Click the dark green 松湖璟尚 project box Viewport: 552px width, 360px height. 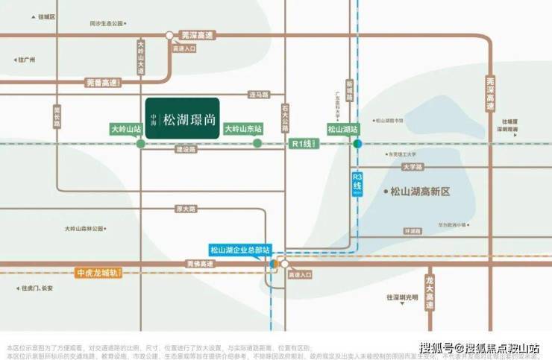click(182, 119)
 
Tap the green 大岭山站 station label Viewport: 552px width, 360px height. click(126, 129)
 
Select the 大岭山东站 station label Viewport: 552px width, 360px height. click(244, 129)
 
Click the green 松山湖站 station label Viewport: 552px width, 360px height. click(343, 129)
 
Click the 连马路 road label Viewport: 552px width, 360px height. click(258, 95)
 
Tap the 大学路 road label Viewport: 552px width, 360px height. click(413, 167)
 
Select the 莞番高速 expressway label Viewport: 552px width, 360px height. click(101, 83)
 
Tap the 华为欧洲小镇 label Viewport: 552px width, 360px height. click(451, 224)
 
